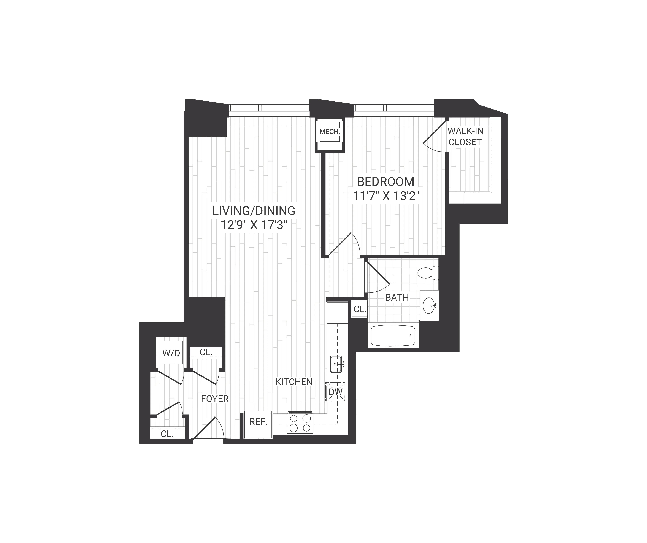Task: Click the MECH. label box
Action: point(330,132)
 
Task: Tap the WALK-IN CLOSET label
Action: point(465,137)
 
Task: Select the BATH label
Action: point(397,298)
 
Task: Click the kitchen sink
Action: point(336,364)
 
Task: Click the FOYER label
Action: point(215,399)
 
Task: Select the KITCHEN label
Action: point(294,382)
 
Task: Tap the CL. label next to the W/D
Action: point(206,352)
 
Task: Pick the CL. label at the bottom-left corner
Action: point(167,434)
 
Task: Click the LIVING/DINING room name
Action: point(254,211)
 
